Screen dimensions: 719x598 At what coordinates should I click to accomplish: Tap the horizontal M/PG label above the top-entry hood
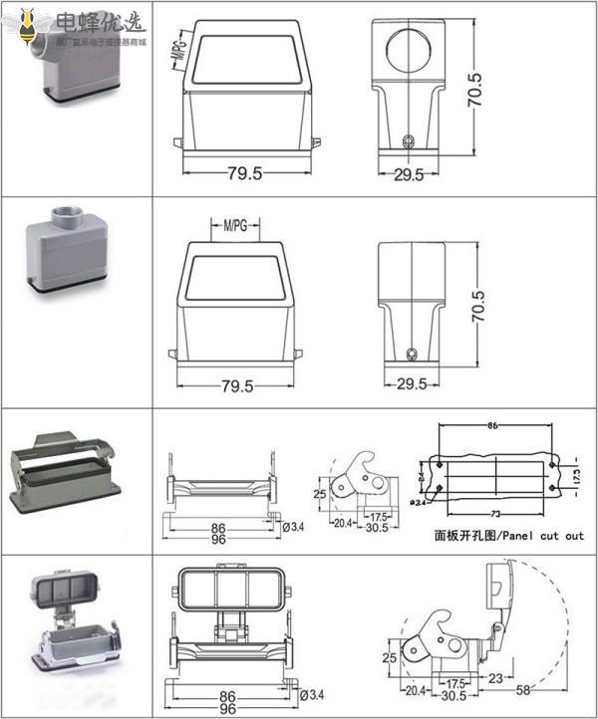tap(235, 226)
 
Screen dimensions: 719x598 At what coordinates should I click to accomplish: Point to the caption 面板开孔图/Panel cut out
tap(508, 535)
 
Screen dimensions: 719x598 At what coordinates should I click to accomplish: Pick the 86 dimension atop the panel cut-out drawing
tap(492, 425)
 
